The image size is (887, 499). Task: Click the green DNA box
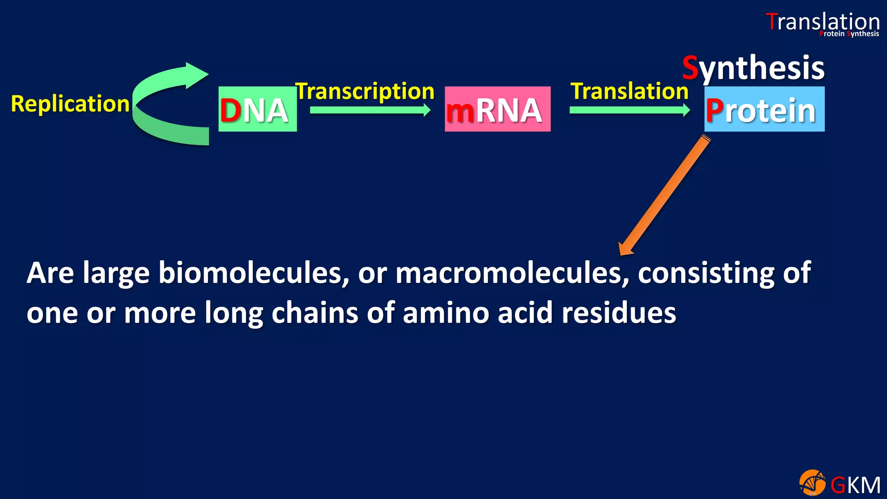(257, 109)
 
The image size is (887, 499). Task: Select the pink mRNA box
(497, 109)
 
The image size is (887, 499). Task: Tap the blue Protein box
(764, 109)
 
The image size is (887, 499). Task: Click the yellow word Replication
(70, 104)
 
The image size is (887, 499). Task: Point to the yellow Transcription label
(365, 91)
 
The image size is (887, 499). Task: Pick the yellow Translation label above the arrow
(629, 91)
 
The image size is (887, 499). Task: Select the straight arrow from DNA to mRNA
(370, 110)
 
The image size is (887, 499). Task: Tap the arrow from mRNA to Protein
(629, 110)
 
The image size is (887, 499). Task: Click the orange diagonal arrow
(664, 195)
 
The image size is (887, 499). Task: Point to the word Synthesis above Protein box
(753, 68)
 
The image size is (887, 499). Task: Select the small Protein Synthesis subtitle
(849, 34)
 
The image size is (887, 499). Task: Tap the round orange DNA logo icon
(812, 483)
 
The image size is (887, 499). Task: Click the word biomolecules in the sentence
(253, 273)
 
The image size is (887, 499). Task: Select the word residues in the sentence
(618, 313)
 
